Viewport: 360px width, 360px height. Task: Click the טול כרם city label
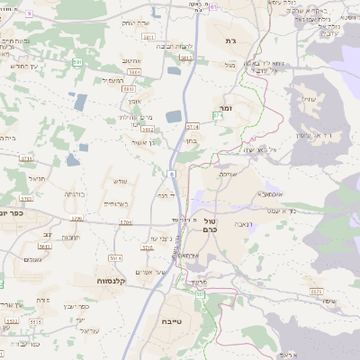point(211,224)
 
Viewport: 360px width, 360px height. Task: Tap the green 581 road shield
point(78,62)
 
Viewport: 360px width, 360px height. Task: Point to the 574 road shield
point(217,116)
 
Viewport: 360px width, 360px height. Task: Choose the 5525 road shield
point(315,291)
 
